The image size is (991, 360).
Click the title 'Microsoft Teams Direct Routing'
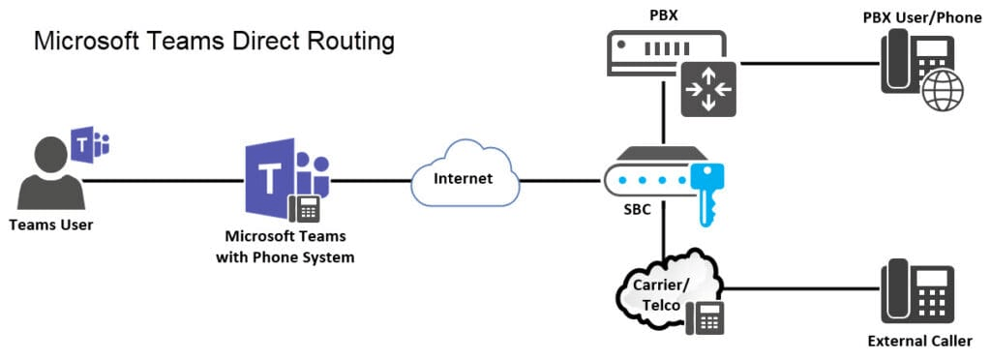[x=214, y=42]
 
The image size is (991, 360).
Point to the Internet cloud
[x=463, y=179]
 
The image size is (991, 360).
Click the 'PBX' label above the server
[x=663, y=14]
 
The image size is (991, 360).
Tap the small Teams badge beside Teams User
[x=93, y=145]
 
